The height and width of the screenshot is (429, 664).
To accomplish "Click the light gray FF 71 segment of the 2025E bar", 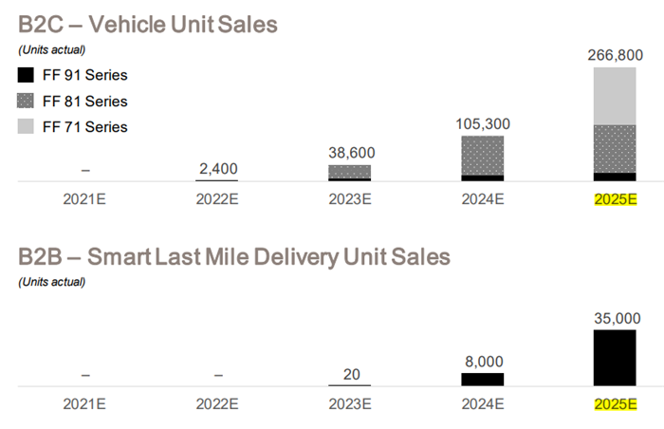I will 615,96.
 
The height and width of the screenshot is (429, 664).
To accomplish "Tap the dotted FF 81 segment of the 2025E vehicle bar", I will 615,148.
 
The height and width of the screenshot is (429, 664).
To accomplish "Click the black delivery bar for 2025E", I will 615,358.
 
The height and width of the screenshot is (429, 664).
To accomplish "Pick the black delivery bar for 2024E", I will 483,379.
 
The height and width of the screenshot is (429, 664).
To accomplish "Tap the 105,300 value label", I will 483,122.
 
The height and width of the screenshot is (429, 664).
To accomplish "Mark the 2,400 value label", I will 218,168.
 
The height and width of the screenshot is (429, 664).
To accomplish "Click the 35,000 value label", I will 615,317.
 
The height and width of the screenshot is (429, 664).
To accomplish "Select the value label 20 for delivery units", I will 350,375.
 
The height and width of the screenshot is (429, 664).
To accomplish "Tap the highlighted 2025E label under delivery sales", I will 615,404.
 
